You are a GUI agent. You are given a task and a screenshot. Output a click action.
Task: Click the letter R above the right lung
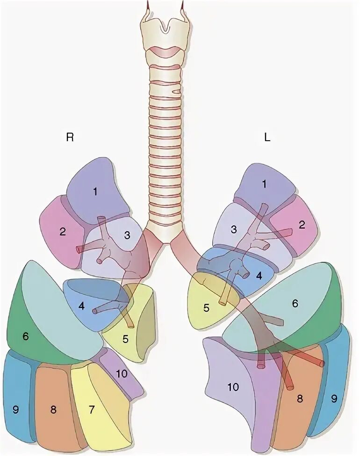[x=70, y=137]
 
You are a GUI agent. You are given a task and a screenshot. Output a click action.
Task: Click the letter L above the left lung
[x=267, y=138]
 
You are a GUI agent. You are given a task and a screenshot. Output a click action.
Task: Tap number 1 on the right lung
[x=95, y=191]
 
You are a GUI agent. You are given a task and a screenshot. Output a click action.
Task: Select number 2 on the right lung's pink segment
[x=62, y=231]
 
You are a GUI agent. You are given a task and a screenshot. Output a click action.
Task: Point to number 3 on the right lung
[x=127, y=235]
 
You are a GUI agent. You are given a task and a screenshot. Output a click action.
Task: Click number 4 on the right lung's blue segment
[x=82, y=306]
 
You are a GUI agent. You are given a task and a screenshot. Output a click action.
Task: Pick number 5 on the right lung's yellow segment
[x=125, y=339]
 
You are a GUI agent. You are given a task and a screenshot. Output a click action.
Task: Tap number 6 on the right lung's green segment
[x=26, y=336]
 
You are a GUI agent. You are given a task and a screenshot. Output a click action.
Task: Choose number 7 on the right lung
[x=92, y=410]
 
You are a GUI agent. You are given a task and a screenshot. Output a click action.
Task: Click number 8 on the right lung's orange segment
[x=53, y=410]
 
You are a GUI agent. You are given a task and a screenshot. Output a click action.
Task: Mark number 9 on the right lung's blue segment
[x=15, y=410]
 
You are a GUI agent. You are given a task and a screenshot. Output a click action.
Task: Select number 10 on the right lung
[x=122, y=373]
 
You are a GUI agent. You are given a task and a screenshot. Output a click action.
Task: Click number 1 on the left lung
[x=264, y=184]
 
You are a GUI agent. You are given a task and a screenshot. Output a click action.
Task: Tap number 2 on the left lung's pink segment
[x=302, y=225]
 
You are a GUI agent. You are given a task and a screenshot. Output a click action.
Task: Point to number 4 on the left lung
[x=259, y=275]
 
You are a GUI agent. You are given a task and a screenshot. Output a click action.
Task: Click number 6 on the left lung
[x=295, y=303]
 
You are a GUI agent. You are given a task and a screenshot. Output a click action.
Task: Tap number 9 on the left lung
[x=334, y=399]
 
